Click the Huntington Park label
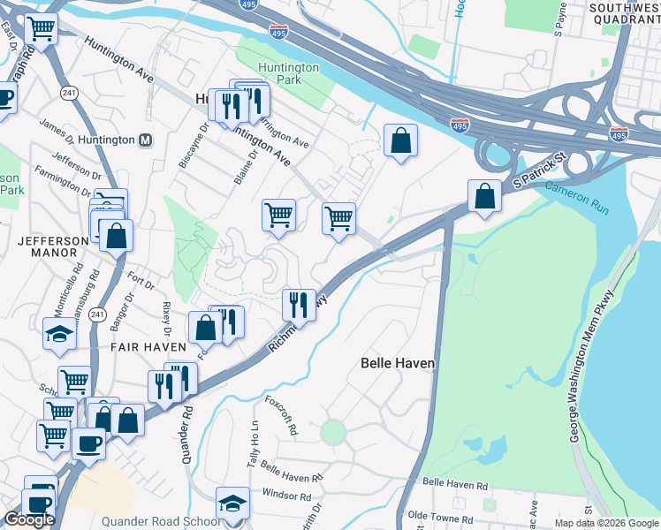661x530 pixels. [288, 74]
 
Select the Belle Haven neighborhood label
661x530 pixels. [399, 363]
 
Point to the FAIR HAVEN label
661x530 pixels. [148, 347]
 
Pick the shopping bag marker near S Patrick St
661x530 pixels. [485, 195]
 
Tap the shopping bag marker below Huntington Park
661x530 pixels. [400, 140]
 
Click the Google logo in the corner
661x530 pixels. [29, 519]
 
